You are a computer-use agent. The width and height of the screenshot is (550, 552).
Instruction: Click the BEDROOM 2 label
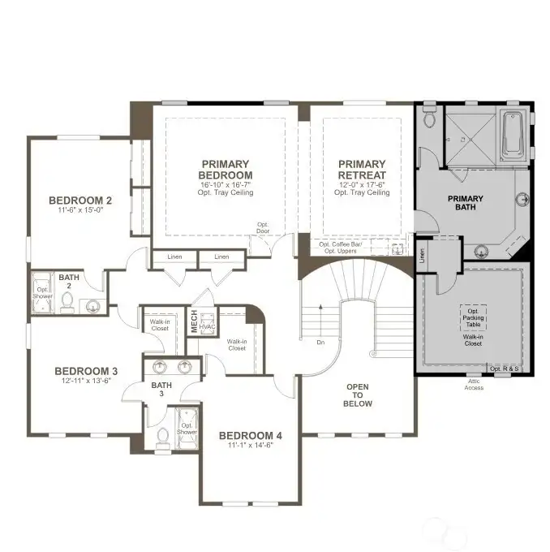coord(79,201)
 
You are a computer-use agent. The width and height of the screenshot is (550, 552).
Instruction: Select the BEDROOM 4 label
coord(251,436)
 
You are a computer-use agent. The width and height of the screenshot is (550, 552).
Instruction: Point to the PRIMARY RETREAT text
coord(363,169)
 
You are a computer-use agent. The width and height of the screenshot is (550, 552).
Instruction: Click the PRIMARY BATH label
coord(466,204)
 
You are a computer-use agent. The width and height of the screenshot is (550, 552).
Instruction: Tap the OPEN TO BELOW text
coord(358,395)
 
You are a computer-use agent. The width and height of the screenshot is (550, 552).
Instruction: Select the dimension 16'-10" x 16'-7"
coord(226,184)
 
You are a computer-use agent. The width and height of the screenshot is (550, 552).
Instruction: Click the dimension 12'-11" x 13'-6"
coord(79,379)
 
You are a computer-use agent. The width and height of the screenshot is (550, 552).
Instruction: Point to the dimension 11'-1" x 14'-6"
coord(251,445)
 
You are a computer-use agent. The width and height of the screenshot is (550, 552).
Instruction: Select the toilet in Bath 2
coord(68,303)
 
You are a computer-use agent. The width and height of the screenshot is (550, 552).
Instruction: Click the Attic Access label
coord(473,385)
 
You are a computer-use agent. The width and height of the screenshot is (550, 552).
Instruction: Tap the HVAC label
coord(208,326)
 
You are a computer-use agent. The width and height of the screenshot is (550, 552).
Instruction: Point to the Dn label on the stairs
coord(320,342)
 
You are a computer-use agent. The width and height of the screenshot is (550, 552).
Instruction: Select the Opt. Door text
coord(263,227)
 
